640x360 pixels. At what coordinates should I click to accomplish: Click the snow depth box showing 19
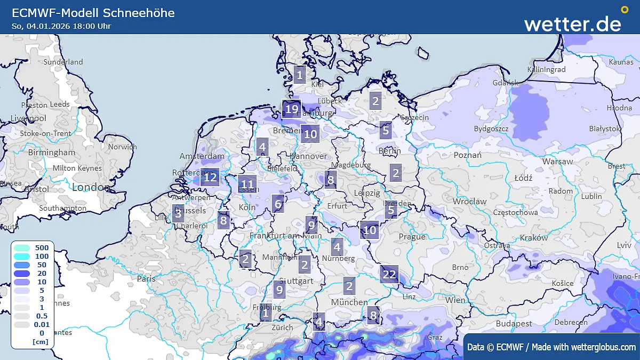[x=291, y=109]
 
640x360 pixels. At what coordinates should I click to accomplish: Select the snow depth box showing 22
[x=389, y=275]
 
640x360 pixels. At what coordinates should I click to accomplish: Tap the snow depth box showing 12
[x=211, y=177]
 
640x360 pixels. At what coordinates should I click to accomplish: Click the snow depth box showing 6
[x=277, y=203]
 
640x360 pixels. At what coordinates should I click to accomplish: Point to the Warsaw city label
[x=557, y=161]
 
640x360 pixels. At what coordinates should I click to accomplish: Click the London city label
[x=91, y=187]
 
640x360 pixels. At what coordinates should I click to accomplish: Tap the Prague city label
[x=412, y=236]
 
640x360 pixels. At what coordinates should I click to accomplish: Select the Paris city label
[x=146, y=278]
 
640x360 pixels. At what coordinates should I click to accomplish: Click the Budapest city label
[x=514, y=323]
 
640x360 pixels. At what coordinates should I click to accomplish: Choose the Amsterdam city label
[x=202, y=156]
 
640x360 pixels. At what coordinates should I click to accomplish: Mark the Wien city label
[x=455, y=300]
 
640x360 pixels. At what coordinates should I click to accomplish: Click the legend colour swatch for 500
[x=22, y=248]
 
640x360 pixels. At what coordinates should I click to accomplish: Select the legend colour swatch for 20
[x=22, y=274]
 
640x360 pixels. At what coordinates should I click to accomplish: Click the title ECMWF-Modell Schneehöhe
[x=93, y=13]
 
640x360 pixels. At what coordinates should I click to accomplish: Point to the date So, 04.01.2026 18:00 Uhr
[x=61, y=26]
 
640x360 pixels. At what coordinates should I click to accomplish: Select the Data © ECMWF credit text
[x=551, y=347]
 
